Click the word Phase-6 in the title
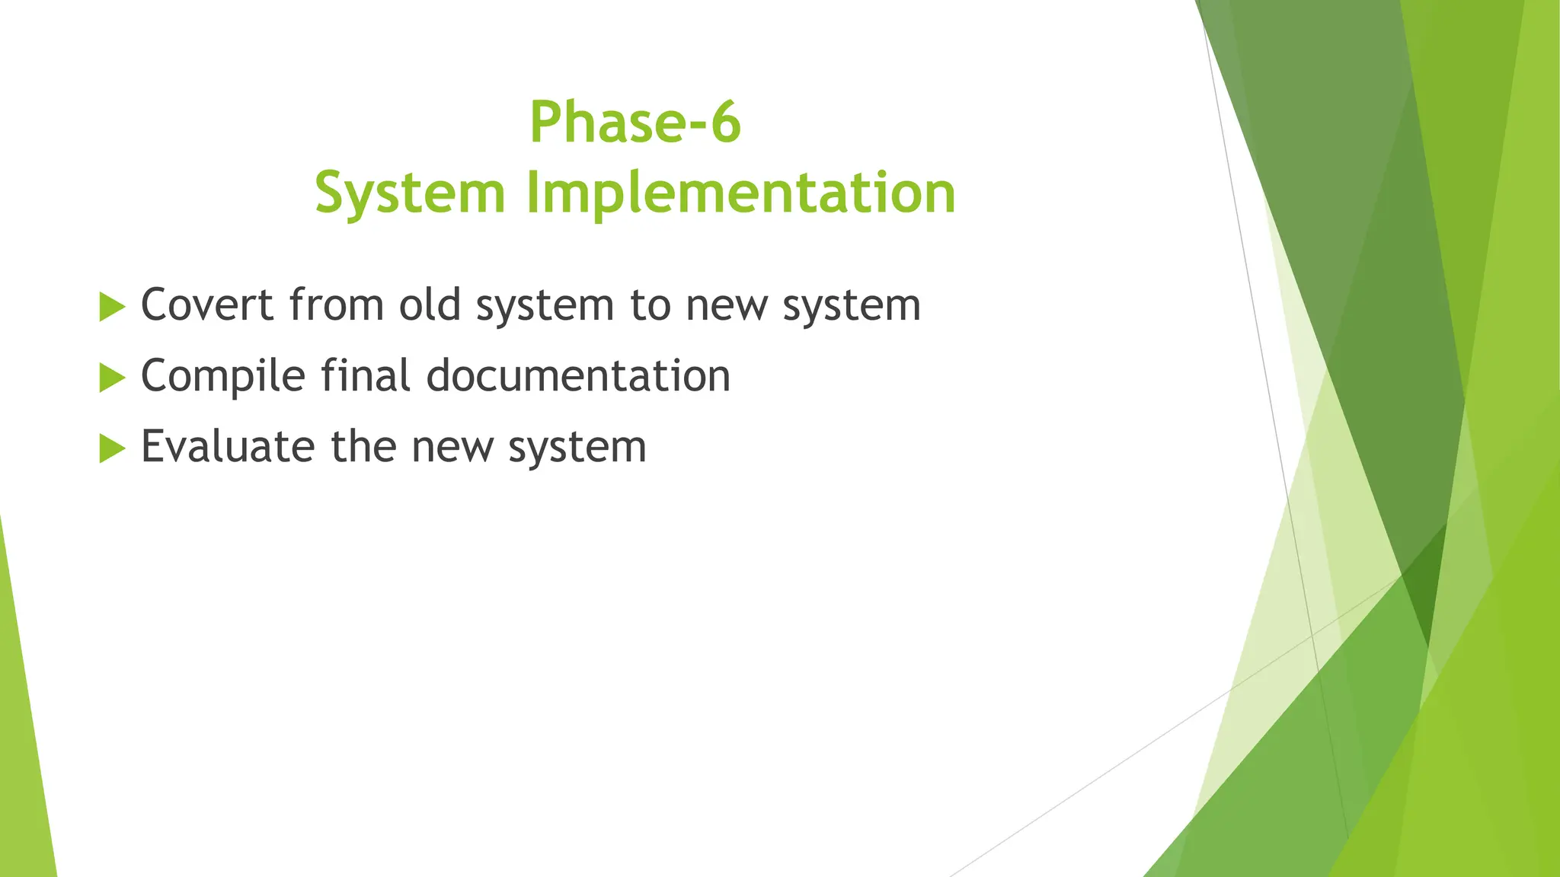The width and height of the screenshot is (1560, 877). (635, 122)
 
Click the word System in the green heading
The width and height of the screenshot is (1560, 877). (410, 193)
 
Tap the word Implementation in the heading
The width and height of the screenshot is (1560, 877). (740, 193)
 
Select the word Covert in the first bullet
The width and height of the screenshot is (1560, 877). (207, 305)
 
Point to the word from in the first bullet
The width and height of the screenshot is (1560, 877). (336, 305)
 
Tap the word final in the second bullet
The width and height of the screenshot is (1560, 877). (365, 376)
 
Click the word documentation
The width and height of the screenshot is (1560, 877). (578, 376)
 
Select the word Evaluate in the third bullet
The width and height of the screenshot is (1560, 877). (227, 447)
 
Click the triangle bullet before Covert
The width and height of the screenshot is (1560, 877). (111, 307)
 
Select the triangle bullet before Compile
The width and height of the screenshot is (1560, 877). (111, 378)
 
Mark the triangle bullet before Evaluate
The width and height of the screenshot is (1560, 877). (111, 448)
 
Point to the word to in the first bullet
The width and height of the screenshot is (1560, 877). (649, 305)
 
